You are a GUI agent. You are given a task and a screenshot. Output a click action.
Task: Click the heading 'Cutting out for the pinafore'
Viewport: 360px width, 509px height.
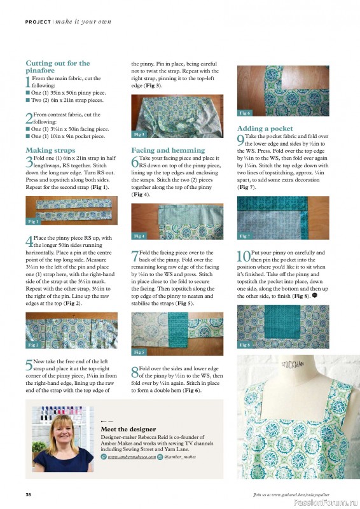click(57, 67)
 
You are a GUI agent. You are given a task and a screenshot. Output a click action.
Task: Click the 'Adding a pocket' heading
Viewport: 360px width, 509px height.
click(265, 128)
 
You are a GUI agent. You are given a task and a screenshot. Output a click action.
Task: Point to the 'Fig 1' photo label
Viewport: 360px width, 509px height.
click(34, 221)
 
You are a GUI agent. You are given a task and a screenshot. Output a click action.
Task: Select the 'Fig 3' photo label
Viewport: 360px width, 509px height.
click(139, 135)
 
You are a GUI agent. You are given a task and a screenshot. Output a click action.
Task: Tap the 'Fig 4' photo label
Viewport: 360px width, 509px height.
click(139, 236)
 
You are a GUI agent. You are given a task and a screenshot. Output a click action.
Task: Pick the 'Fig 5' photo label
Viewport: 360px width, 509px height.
click(139, 352)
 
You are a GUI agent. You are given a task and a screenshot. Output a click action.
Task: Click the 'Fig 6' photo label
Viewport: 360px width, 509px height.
click(245, 113)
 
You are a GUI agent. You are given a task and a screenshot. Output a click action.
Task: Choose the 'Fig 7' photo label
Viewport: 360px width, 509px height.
click(245, 236)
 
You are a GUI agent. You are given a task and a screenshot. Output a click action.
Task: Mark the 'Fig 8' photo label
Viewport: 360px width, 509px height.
click(245, 345)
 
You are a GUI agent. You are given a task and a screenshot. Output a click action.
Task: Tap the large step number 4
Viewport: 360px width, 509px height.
click(29, 241)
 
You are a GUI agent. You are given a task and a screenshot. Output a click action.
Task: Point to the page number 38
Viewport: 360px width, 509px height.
click(29, 494)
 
